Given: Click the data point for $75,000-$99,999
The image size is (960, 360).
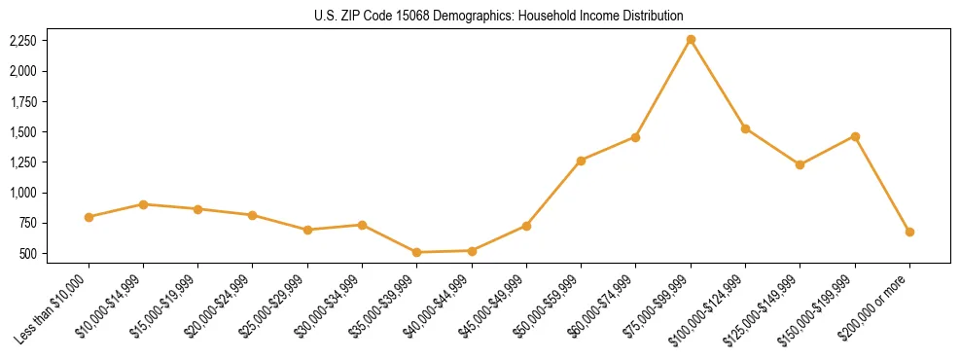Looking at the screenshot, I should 691,40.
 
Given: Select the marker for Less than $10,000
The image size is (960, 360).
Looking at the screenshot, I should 89,217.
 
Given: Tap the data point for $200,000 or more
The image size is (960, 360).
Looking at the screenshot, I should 909,232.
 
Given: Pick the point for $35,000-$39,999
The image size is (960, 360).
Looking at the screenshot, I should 417,252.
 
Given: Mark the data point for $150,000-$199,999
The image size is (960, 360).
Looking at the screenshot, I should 855,136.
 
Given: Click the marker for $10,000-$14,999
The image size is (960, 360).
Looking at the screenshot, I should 143,204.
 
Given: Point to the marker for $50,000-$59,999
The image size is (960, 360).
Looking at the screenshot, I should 581,161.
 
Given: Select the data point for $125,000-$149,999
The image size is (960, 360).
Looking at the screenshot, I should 800,164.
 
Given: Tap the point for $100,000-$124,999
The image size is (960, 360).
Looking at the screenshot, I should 745,128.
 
